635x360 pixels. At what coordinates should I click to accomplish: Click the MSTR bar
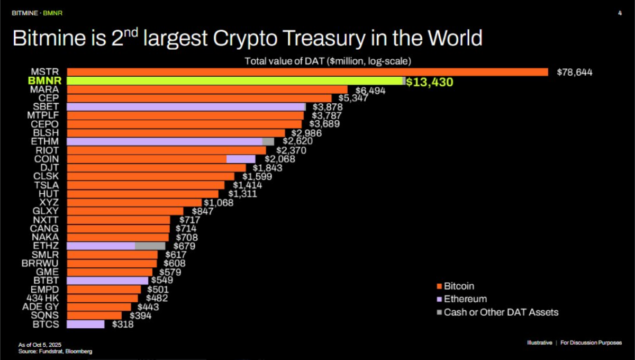coord(307,72)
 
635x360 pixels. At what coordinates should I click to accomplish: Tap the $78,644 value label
coord(575,72)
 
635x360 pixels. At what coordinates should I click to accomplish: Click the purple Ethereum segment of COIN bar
coord(241,159)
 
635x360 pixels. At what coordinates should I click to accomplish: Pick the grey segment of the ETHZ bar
coord(150,246)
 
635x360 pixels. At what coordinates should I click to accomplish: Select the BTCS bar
coord(86,324)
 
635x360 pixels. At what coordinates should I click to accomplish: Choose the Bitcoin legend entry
coord(458,286)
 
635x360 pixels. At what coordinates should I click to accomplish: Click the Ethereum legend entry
coord(465,299)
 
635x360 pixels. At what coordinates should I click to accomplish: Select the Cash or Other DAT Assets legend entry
coord(501,312)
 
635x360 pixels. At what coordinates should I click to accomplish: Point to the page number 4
coord(620,13)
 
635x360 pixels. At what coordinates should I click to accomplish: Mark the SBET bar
coord(185,107)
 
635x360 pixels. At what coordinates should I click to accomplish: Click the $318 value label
coord(123,324)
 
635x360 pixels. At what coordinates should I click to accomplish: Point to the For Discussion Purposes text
coord(591,343)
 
